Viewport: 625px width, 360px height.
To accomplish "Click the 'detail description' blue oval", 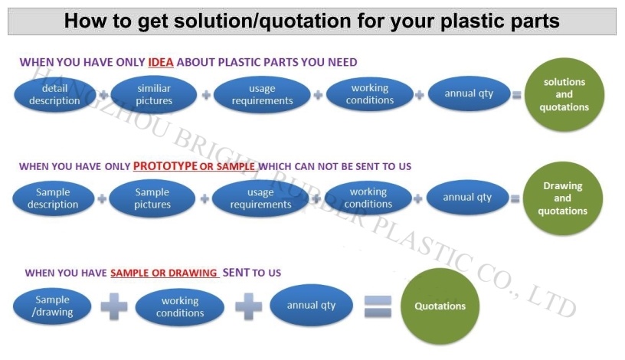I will (x=54, y=95).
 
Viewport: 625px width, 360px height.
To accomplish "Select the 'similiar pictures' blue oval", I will (x=154, y=95).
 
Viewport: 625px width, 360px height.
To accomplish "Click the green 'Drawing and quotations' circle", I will (x=562, y=198).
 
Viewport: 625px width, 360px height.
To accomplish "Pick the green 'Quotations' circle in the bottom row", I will (x=440, y=306).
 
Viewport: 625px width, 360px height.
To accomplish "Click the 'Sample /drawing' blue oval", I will (x=53, y=306).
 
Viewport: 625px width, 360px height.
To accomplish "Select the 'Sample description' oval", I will (x=53, y=198).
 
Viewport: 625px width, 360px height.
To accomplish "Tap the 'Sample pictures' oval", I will (x=152, y=198).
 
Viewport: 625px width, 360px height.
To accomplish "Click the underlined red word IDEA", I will (x=161, y=62).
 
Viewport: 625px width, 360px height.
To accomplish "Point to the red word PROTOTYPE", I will (x=165, y=165).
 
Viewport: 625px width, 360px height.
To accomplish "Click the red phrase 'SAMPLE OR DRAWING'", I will (x=165, y=273).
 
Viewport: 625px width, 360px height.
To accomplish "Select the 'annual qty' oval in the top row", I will (x=469, y=94).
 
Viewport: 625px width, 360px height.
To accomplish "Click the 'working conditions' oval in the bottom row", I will (x=180, y=307).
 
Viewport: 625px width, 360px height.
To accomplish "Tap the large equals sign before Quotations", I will (x=377, y=306).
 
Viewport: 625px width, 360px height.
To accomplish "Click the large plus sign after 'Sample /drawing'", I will (x=114, y=306).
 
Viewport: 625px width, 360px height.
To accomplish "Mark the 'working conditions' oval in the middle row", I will (x=368, y=198).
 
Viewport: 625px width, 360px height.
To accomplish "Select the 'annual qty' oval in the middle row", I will (x=467, y=198).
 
